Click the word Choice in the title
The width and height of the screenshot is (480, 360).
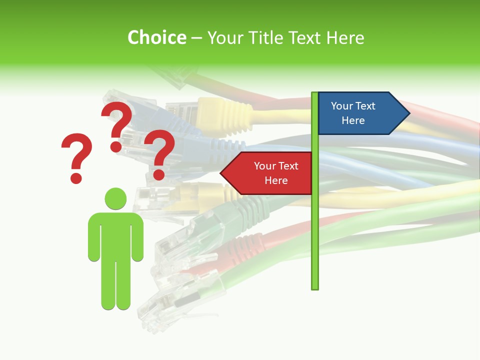156,37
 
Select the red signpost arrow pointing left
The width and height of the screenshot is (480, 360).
267,173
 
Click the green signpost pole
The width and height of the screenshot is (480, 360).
314,225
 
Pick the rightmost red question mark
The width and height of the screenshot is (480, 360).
159,153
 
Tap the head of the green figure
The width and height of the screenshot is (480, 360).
115,198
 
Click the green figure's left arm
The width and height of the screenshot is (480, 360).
93,237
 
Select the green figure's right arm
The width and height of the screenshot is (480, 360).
137,237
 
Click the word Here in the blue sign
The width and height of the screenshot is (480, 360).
353,120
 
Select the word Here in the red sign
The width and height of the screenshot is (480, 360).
276,180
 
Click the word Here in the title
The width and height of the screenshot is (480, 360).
344,37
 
